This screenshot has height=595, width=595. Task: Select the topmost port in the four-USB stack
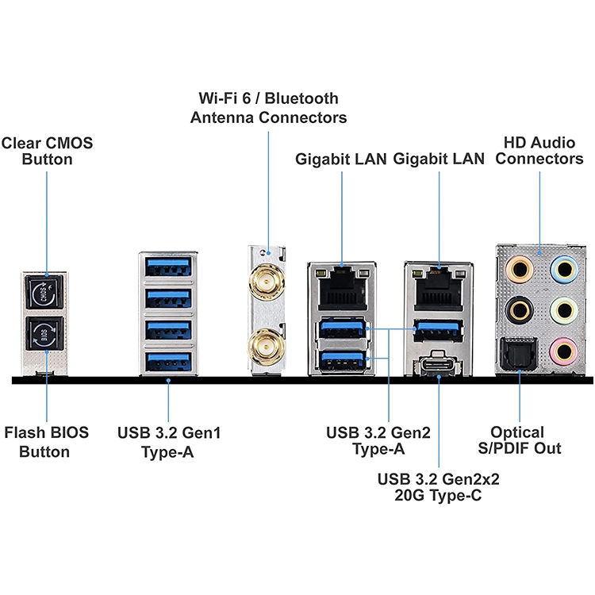(x=168, y=269)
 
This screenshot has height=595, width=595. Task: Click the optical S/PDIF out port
(x=520, y=351)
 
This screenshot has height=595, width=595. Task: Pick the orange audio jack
(x=520, y=271)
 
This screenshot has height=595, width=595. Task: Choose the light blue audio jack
(x=563, y=271)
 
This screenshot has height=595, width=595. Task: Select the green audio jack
(x=563, y=308)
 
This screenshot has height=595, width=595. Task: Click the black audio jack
(x=520, y=308)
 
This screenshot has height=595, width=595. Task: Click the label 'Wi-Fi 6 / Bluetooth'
(x=268, y=98)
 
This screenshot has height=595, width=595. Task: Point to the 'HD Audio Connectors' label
(x=543, y=150)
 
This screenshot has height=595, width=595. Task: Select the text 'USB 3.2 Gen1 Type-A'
(x=169, y=442)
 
